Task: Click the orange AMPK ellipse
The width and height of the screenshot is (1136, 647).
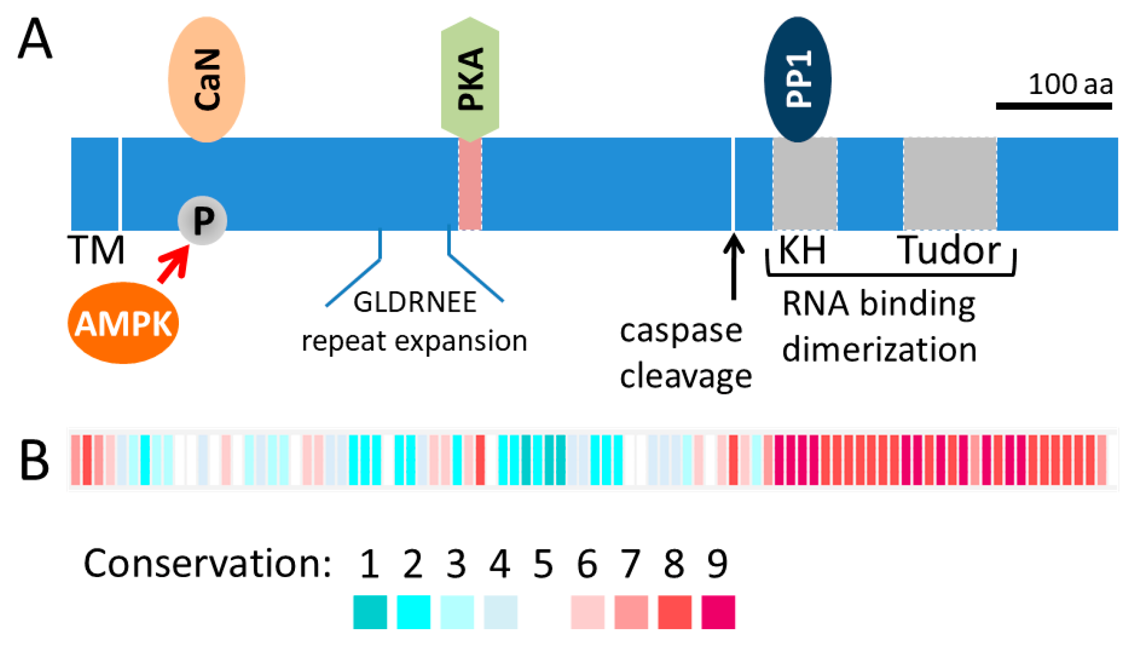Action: click(123, 323)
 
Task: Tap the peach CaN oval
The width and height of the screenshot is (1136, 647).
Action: click(206, 80)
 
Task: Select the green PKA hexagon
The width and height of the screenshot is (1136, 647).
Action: click(470, 79)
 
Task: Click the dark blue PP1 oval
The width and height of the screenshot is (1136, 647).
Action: click(797, 79)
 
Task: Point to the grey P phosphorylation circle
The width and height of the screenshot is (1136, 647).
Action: click(202, 220)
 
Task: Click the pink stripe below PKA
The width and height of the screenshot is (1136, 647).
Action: click(470, 184)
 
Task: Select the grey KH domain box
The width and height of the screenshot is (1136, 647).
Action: click(805, 184)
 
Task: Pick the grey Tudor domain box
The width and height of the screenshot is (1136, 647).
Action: click(950, 184)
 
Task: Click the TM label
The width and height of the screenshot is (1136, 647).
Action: click(96, 250)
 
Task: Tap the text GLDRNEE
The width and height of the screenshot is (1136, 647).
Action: click(414, 302)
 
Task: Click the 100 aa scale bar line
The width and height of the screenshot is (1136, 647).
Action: click(1054, 106)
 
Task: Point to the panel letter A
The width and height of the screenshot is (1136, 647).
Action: click(35, 39)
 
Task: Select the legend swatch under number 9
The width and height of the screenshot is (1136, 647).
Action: click(718, 612)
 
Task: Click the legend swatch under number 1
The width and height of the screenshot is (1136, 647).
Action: click(369, 612)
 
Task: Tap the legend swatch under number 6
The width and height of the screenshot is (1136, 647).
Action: click(587, 612)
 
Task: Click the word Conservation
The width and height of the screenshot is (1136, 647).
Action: click(207, 564)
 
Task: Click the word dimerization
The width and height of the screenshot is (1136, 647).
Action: click(879, 350)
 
